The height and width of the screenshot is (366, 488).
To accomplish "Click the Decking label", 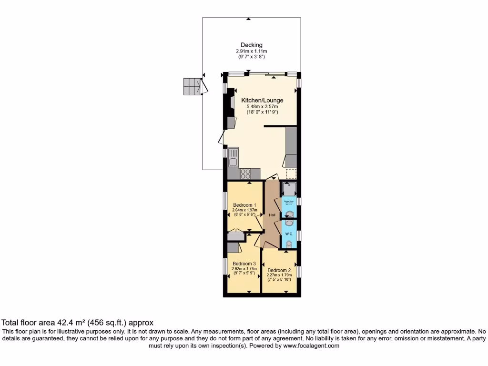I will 251,45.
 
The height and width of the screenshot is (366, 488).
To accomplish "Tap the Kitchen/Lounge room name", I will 262,101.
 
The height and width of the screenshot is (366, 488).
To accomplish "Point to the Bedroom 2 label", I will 279,270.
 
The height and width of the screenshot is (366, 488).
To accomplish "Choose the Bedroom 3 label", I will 244,264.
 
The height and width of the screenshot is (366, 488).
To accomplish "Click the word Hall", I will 272,215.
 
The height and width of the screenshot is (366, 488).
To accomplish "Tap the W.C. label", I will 289,234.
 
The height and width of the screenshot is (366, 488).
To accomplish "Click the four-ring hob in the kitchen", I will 245,174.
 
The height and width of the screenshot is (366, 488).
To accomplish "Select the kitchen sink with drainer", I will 233,158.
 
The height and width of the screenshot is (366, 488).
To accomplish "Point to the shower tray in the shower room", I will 289,189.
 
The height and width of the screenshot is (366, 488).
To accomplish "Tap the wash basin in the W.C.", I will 289,223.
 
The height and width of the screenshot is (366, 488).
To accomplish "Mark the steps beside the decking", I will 192,87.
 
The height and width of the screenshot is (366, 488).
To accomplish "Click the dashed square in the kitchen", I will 291,173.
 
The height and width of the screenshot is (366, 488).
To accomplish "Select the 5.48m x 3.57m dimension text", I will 262,107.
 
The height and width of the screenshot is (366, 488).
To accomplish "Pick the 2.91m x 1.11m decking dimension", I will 251,51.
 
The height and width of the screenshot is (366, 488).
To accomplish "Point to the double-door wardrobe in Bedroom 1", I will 236,236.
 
